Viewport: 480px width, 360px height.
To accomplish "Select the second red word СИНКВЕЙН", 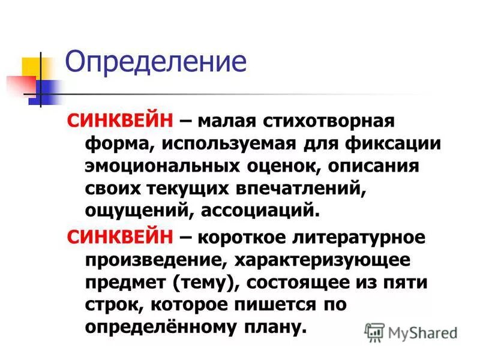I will (x=121, y=237).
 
